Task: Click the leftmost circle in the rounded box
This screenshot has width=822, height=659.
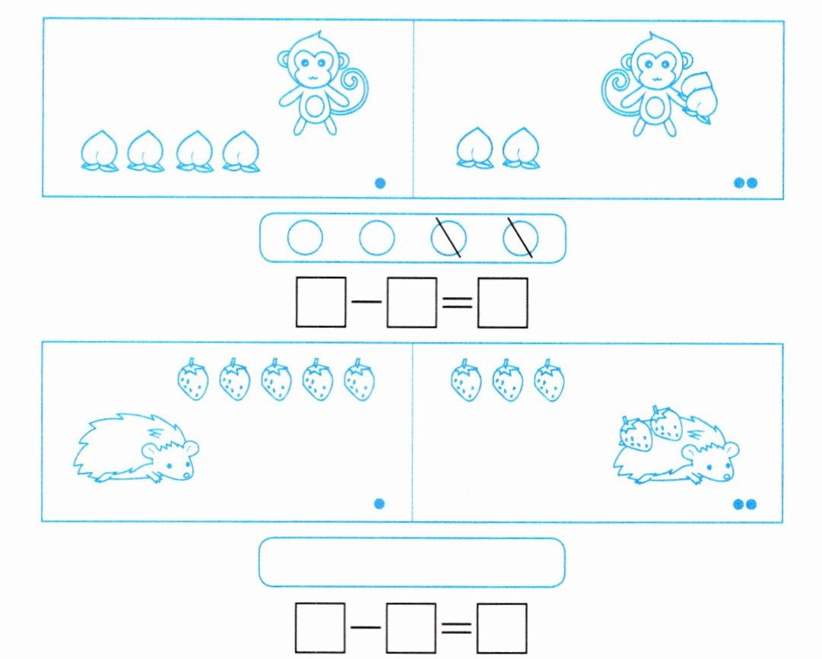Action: tap(305, 238)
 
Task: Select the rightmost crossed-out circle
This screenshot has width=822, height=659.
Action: tap(521, 238)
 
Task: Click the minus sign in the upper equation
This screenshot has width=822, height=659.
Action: tap(367, 303)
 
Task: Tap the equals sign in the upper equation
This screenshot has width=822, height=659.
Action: tap(457, 303)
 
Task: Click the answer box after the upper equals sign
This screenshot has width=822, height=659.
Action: tap(502, 303)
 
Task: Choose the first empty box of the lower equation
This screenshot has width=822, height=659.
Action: tap(321, 628)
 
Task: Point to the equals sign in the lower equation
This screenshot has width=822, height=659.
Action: tap(457, 628)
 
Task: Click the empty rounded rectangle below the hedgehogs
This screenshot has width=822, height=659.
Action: tap(411, 562)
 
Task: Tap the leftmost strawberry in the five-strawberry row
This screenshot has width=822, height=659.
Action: tap(192, 380)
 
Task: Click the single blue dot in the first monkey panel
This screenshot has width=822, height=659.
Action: tap(381, 183)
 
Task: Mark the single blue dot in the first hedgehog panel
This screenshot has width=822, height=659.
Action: tap(380, 503)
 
